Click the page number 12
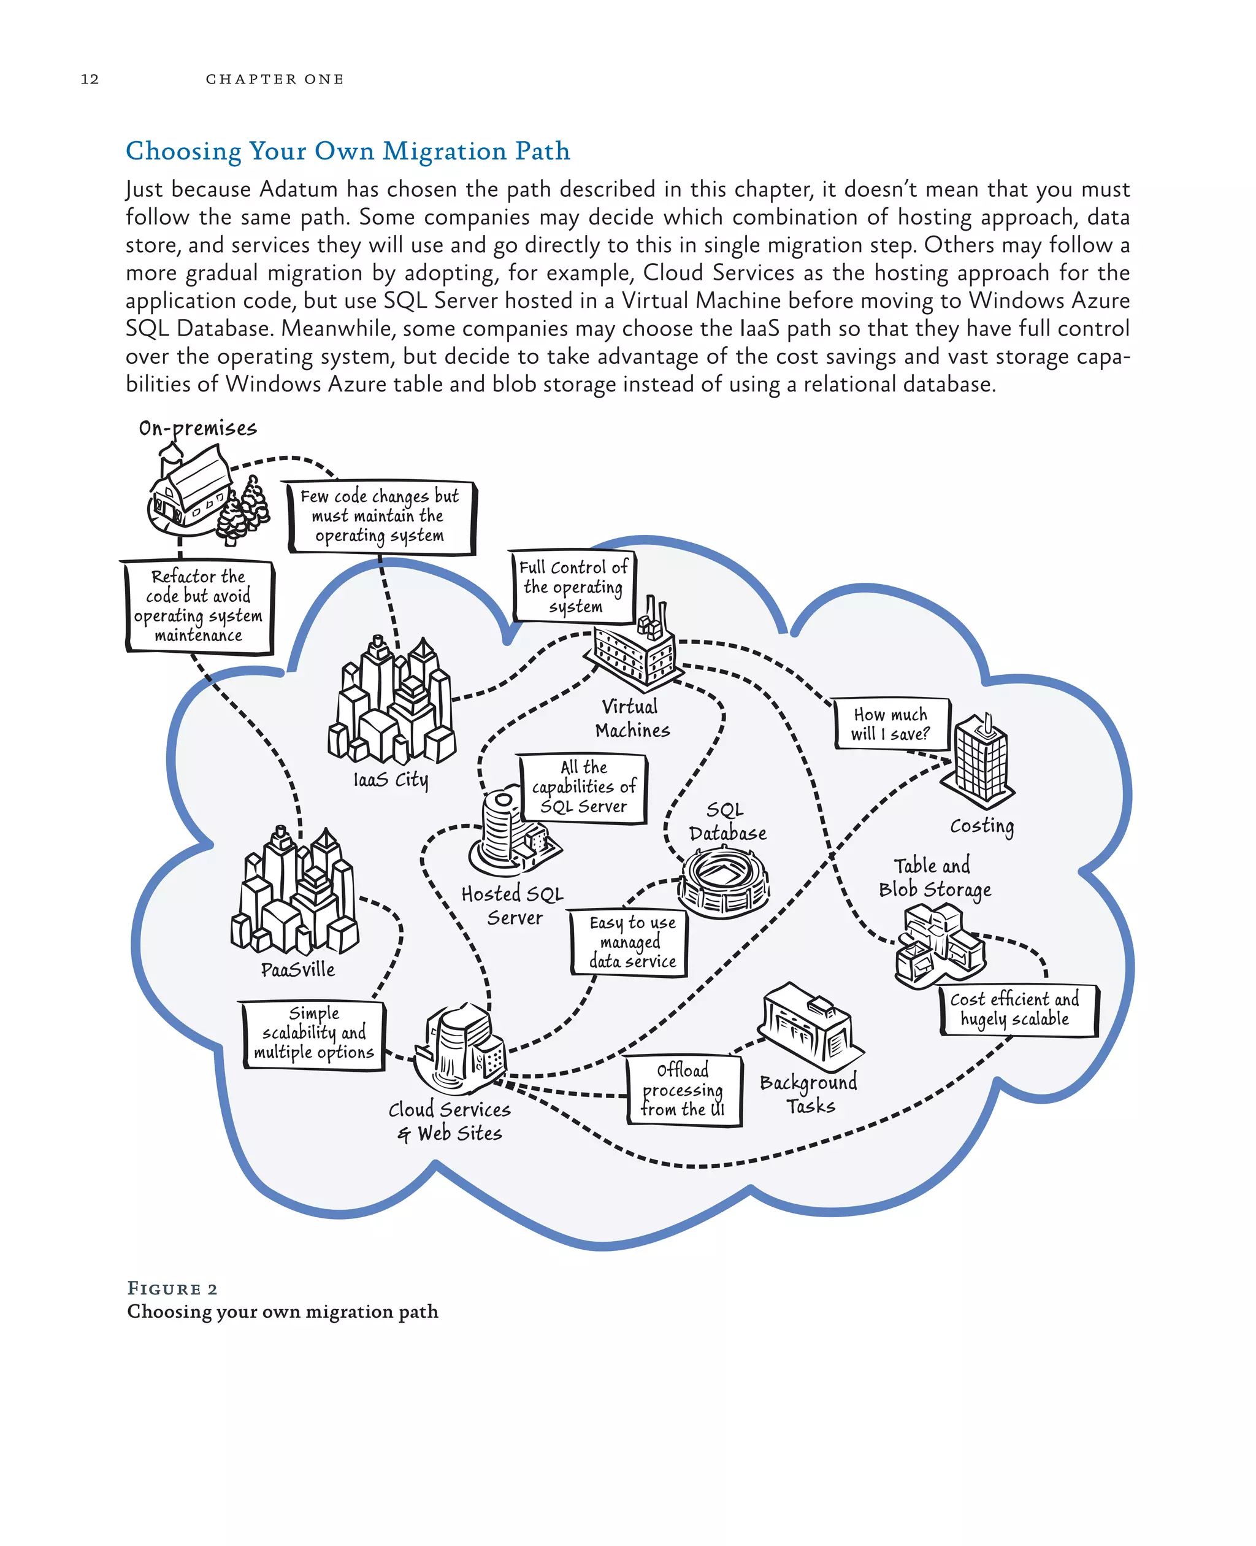pos(90,79)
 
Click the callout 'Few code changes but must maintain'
pos(380,516)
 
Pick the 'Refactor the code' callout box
pos(198,606)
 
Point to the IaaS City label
pos(391,780)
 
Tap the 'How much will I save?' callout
pos(890,724)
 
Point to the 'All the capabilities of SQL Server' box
pos(584,788)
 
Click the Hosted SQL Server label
pos(513,906)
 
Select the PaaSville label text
pos(298,970)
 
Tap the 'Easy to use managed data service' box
pos(631,942)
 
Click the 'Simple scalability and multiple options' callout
pos(314,1033)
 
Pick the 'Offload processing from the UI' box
pos(683,1090)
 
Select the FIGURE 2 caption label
pos(172,1289)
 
